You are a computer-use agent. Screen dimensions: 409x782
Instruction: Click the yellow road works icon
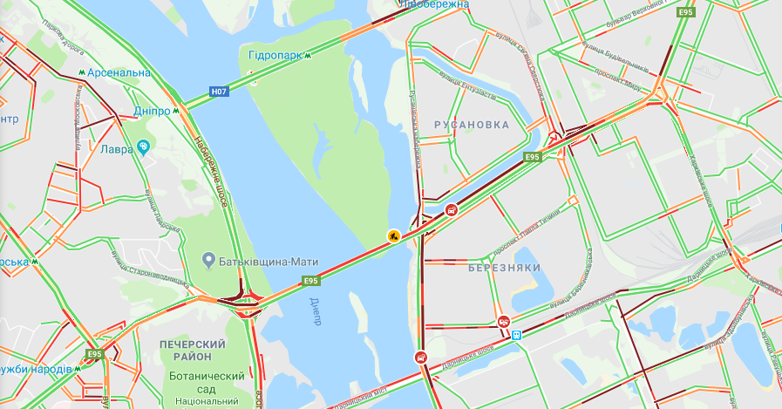tap(394, 235)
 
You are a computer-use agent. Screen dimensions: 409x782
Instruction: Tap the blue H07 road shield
tap(220, 90)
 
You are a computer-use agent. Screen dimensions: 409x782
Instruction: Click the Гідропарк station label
tap(274, 54)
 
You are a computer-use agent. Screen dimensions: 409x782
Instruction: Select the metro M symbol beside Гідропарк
tap(308, 54)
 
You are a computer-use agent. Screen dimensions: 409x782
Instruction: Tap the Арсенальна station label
tap(119, 72)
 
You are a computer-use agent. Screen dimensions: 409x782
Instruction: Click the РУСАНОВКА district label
tap(472, 125)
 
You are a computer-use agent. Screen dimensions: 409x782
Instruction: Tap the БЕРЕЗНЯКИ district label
tap(504, 267)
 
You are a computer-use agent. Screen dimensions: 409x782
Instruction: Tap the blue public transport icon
tap(516, 334)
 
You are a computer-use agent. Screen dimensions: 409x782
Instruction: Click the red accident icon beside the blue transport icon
tap(504, 321)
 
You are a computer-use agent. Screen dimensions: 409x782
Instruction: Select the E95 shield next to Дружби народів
tap(95, 355)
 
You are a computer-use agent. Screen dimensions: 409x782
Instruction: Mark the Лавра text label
tap(116, 149)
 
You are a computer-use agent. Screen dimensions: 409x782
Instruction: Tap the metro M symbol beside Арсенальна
tap(81, 72)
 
